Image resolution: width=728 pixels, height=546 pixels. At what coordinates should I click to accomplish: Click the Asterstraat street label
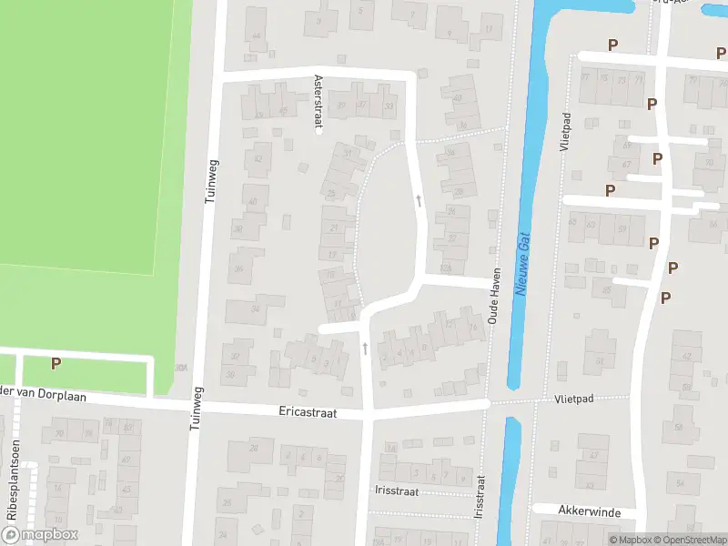[x=318, y=104]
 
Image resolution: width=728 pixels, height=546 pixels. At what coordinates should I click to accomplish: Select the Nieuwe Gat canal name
[x=522, y=262]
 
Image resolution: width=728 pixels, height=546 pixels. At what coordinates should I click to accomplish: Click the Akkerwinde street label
[x=591, y=512]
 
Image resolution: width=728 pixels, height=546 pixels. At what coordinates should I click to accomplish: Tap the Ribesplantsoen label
[x=13, y=491]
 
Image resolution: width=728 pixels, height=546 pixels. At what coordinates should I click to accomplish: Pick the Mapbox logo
[x=40, y=535]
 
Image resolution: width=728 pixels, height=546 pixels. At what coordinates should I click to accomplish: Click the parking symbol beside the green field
[x=56, y=363]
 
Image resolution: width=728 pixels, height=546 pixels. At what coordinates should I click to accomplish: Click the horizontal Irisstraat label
[x=395, y=490]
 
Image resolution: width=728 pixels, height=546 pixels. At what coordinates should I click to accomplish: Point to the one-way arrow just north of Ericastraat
[x=365, y=349]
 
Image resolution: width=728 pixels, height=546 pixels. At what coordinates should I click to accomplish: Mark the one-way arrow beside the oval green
[x=419, y=198]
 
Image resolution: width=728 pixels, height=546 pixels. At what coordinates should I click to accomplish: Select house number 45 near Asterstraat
[x=284, y=112]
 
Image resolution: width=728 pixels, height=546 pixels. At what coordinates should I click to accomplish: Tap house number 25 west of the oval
[x=331, y=193]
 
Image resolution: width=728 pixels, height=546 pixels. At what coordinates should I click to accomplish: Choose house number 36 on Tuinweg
[x=238, y=268]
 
